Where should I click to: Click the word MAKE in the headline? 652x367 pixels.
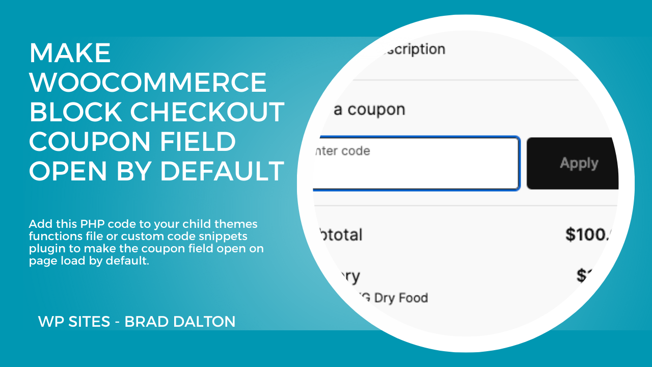[x=70, y=53]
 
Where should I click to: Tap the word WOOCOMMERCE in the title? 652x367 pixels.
[x=148, y=83]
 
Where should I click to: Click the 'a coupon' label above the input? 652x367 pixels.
[x=369, y=110]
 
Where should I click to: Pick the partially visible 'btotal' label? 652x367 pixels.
[x=339, y=235]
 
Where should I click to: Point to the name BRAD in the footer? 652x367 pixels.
[x=146, y=322]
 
